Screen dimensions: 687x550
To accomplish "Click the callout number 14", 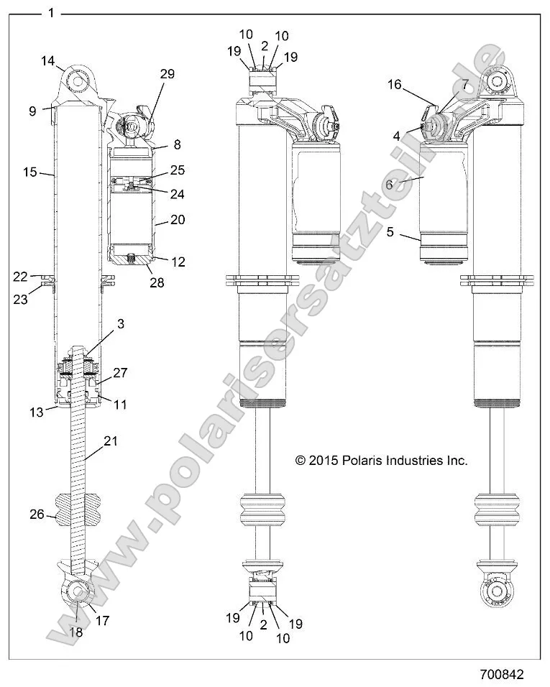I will (x=47, y=62).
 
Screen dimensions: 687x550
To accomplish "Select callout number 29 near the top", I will (x=167, y=74).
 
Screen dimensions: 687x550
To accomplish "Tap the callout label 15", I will (x=29, y=172).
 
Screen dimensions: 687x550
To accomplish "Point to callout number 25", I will (x=177, y=170).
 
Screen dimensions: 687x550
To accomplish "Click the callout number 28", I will (x=156, y=283).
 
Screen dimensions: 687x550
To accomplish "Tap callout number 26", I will (x=37, y=514).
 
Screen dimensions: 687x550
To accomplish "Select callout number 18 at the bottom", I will (x=75, y=632).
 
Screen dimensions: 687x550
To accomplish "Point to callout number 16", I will (x=395, y=84).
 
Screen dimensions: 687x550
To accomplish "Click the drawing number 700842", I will (x=502, y=675).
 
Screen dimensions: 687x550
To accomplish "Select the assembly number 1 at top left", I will (x=50, y=12).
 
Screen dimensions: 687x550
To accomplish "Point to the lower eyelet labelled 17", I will (x=78, y=591).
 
